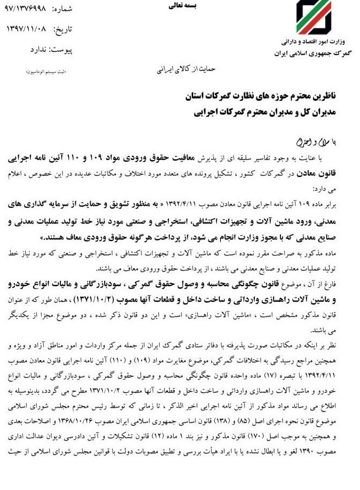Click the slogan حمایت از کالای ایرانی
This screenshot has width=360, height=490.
[x=187, y=69]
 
